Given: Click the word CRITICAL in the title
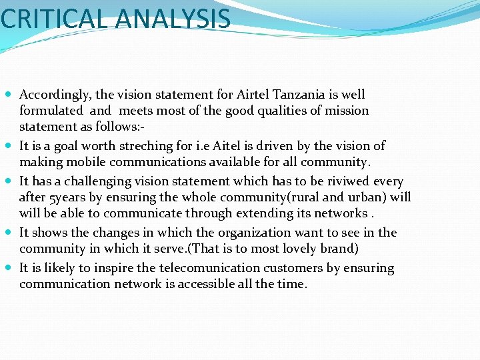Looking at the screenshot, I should (x=53, y=18).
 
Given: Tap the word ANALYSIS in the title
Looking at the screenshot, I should (x=173, y=18).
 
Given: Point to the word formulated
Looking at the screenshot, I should (x=51, y=111).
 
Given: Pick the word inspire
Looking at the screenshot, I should (x=101, y=268).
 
